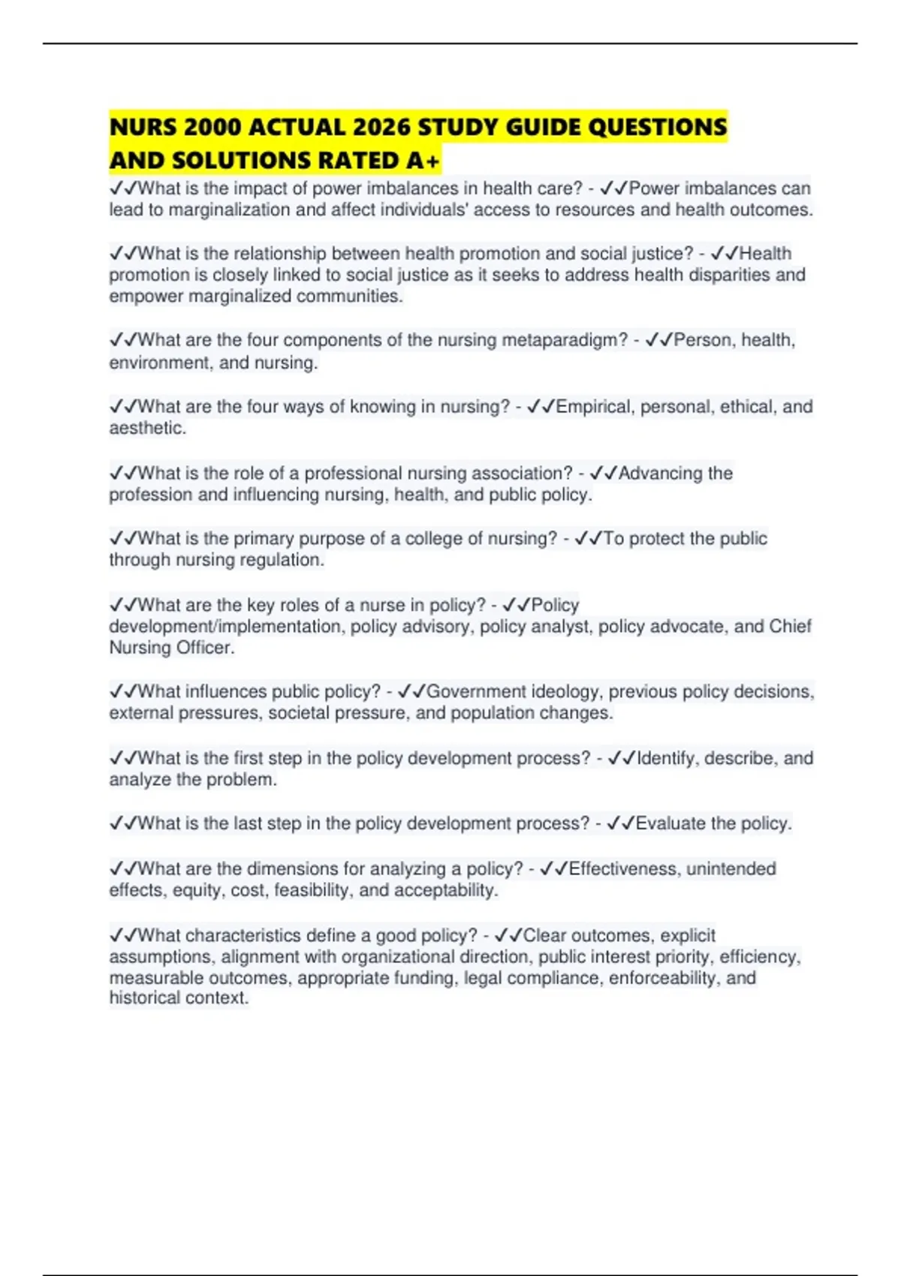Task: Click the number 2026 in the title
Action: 381,128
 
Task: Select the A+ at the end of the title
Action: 423,161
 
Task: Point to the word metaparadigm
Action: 564,340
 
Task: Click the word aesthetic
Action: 146,429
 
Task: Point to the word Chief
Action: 790,627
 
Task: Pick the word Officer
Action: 205,648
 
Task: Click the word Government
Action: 476,691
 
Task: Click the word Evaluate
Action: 670,823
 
